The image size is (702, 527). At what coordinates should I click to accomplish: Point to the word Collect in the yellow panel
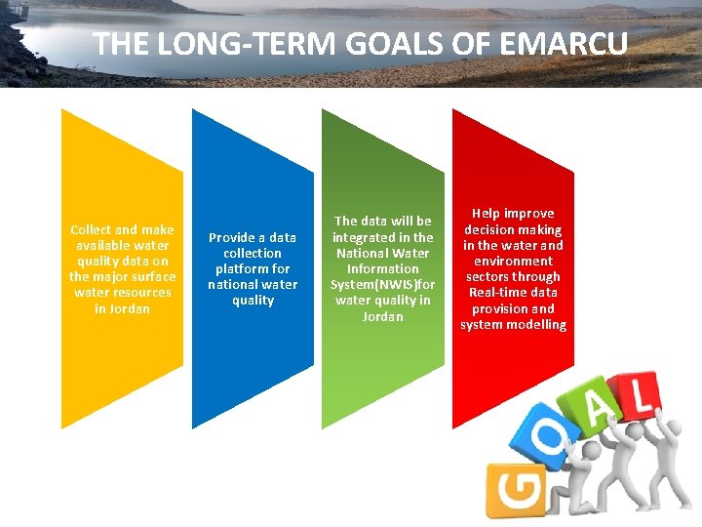tap(91, 229)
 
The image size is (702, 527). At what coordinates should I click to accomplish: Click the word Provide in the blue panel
tap(231, 237)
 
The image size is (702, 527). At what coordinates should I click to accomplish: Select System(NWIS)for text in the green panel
tap(382, 284)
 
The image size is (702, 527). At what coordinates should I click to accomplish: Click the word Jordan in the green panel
tap(382, 316)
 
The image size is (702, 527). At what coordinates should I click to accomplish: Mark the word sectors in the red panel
tap(488, 277)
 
